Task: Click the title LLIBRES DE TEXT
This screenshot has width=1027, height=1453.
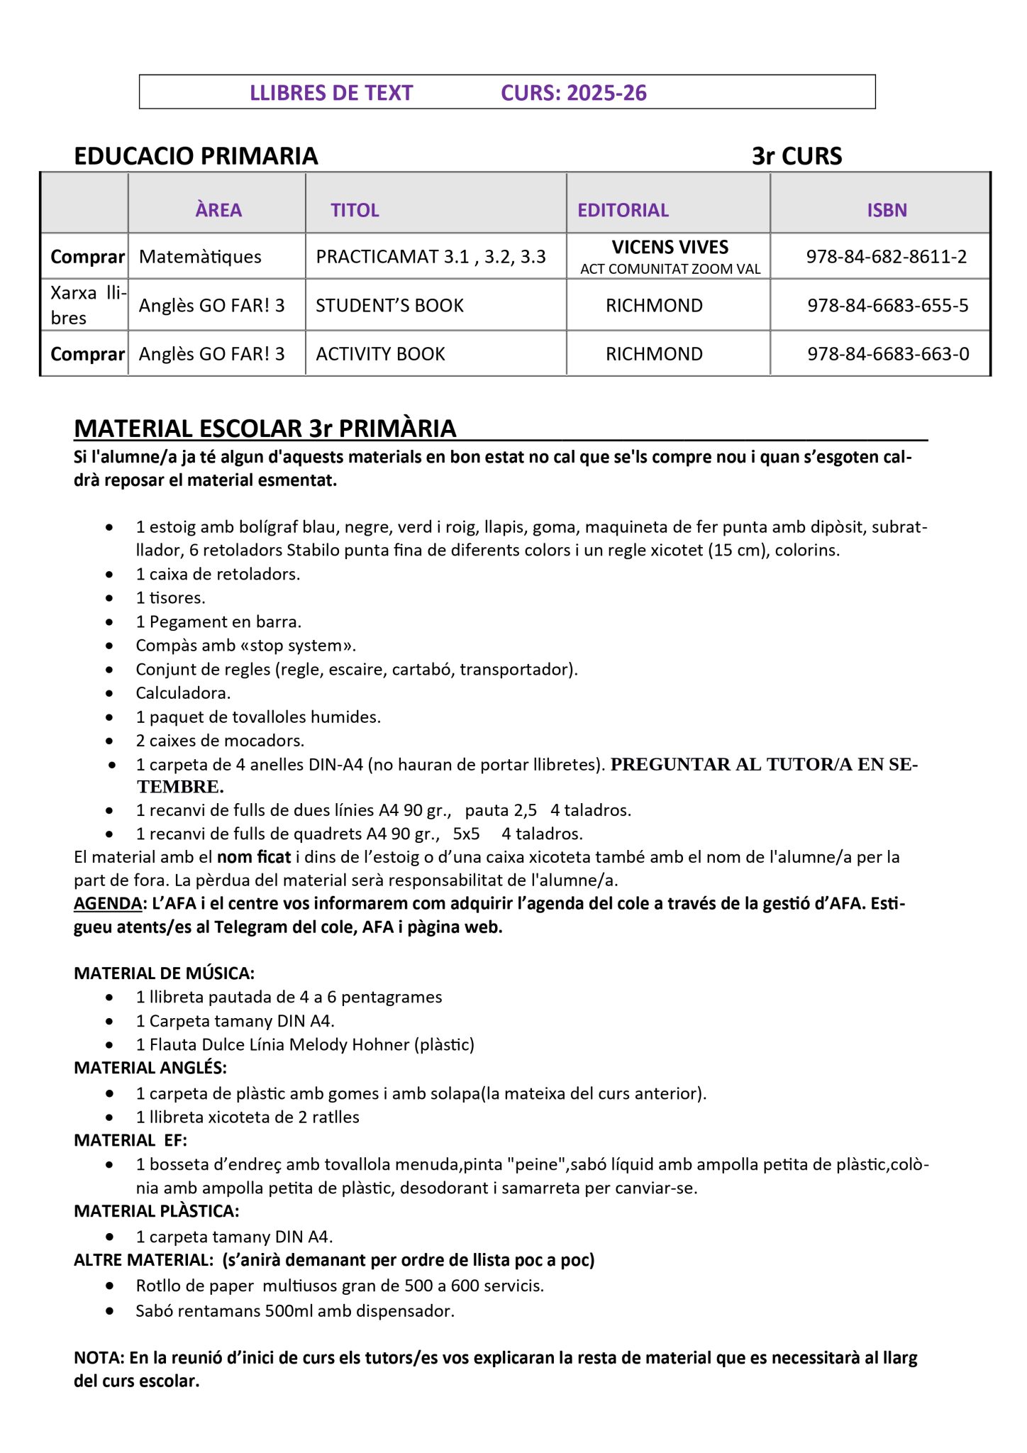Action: (x=331, y=93)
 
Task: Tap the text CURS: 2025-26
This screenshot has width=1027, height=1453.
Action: (x=573, y=93)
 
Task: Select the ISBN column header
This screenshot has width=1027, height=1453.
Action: (x=887, y=210)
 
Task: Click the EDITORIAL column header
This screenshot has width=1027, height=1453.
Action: (x=623, y=210)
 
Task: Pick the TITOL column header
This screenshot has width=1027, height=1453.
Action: (x=355, y=210)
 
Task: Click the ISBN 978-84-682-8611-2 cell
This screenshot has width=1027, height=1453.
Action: (x=887, y=257)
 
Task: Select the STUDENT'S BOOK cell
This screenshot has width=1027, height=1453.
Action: (x=389, y=306)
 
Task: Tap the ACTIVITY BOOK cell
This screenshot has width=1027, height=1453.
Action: (x=380, y=354)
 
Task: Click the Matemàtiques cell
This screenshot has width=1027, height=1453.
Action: (x=200, y=257)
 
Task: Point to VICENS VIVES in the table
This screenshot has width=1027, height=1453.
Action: (x=670, y=248)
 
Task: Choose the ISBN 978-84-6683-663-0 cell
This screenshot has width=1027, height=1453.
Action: (x=888, y=354)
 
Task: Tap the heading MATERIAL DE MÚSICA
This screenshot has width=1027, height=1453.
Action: (x=164, y=973)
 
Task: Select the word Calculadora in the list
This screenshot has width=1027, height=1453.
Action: (x=183, y=693)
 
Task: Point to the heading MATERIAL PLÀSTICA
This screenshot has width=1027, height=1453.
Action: (x=156, y=1211)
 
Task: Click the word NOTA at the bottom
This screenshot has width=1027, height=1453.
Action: (x=99, y=1358)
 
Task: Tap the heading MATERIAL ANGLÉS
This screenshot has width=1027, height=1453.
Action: (x=150, y=1068)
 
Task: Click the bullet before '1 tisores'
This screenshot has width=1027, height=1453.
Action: (x=109, y=598)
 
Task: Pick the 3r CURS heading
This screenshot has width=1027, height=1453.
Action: (x=796, y=156)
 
